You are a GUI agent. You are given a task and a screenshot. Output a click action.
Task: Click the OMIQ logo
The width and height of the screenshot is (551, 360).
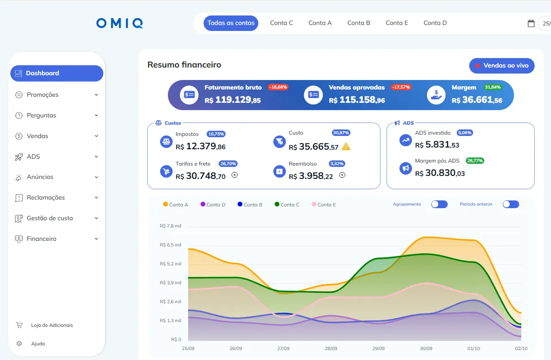pos(120,23)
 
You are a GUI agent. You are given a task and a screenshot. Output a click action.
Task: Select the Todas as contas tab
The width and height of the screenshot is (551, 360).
pos(231,23)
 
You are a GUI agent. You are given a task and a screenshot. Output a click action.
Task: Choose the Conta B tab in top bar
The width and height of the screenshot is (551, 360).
pos(359,23)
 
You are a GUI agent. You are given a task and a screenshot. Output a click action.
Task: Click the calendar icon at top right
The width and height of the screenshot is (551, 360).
pos(531,23)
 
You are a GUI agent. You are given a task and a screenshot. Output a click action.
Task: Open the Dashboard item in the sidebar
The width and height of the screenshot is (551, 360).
pos(57,73)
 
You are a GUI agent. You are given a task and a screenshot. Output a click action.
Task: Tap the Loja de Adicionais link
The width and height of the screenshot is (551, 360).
pos(52,325)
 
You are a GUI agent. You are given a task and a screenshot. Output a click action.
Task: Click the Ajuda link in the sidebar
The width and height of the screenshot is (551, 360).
pos(38,344)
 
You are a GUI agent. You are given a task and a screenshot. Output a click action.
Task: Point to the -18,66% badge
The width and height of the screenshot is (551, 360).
pos(278,87)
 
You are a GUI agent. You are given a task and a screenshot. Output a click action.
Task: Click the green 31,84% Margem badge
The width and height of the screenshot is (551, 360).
pos(492,87)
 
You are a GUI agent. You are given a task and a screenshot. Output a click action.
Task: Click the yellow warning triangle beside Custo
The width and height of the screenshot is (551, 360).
pos(346,147)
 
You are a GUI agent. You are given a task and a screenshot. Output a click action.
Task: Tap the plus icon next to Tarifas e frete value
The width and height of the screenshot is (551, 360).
pos(235,175)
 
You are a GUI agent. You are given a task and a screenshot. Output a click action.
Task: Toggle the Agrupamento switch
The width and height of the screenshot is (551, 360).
pos(440,204)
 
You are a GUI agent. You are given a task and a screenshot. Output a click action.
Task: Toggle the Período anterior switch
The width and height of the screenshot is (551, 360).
pos(511,204)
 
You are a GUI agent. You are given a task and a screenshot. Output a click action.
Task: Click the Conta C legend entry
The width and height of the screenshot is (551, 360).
pos(287,205)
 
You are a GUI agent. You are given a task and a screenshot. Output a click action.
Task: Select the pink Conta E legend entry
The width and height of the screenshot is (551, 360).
pos(324,205)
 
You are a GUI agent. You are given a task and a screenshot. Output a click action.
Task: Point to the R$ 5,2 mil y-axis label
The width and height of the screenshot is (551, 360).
pos(170,264)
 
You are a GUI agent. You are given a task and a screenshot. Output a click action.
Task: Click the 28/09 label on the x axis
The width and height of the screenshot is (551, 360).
pos(331,348)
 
